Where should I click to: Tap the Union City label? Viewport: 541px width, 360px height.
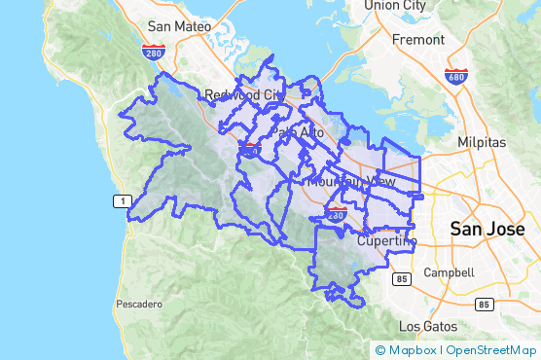pos(395,6)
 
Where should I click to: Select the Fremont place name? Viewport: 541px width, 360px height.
pos(417,41)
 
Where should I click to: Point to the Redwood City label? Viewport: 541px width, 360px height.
pos(243,94)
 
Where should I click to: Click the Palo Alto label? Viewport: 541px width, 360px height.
pos(297,132)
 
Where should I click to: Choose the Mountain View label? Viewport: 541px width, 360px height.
pos(350,182)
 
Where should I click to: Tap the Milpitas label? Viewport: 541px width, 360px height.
pos(482,141)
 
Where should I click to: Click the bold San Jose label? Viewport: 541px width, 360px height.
pos(487,230)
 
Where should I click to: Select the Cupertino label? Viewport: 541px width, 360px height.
pos(386,240)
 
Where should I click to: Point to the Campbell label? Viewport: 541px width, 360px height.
pos(449,272)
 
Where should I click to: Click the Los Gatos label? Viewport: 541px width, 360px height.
pos(426,326)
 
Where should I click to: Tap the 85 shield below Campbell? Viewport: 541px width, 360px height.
pos(483,304)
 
